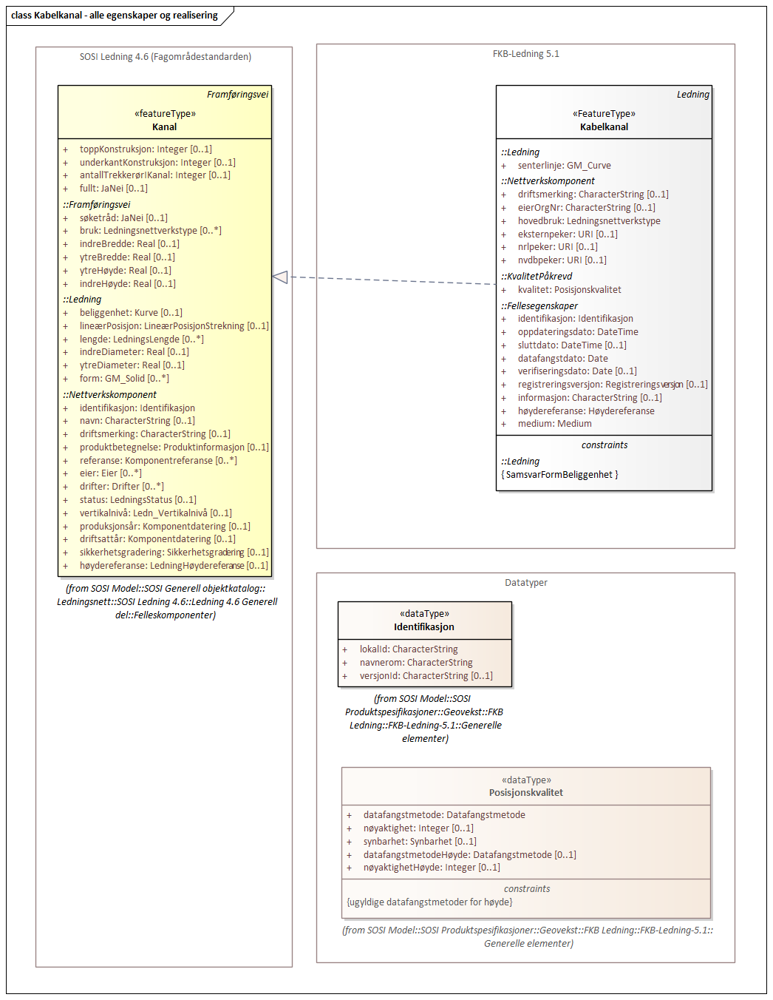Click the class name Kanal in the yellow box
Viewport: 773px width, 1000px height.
(164, 127)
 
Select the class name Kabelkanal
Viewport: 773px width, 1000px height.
(604, 127)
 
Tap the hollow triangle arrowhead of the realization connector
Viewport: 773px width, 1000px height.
(280, 277)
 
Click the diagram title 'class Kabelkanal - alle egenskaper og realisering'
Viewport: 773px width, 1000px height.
(115, 16)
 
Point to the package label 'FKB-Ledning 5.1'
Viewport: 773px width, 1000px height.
(525, 54)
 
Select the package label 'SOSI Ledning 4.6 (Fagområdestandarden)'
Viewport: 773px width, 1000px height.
(165, 57)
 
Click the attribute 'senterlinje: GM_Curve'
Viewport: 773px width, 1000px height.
(564, 166)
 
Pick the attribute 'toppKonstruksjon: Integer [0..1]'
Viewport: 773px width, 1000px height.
(146, 149)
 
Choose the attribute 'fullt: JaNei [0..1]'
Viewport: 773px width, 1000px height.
(113, 189)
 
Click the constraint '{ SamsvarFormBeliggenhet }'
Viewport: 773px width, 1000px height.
(559, 475)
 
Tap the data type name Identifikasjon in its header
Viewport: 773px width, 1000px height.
(423, 627)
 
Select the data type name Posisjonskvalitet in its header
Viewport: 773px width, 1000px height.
(525, 793)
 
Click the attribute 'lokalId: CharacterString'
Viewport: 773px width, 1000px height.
(409, 649)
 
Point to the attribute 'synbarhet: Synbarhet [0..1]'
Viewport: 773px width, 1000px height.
(420, 842)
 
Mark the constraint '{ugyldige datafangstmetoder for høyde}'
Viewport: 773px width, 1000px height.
(429, 902)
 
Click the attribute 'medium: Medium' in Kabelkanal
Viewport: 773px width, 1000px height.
(554, 424)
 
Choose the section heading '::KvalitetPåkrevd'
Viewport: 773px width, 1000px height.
(537, 277)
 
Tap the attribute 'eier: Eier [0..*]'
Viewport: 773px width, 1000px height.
(111, 473)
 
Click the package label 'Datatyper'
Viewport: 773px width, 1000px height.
(525, 583)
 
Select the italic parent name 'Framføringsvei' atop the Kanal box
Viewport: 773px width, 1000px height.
(237, 95)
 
